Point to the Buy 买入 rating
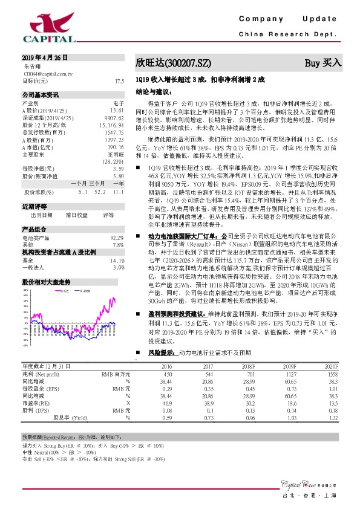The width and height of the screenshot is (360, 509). coord(323,62)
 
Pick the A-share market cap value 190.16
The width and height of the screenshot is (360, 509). coord(115,147)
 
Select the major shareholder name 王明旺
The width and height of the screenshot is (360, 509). coord(116,154)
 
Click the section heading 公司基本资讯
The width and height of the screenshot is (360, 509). coord(41,95)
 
